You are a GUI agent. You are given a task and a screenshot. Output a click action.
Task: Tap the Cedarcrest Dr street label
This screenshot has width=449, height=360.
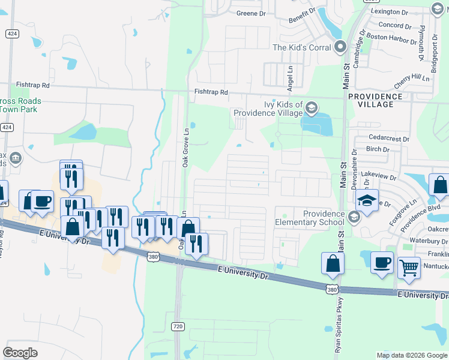pos(388,139)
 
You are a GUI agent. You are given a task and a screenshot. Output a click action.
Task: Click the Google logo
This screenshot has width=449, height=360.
pos(20,352)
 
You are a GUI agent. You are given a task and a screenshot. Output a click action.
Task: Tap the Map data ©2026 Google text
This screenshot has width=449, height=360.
pos(411,355)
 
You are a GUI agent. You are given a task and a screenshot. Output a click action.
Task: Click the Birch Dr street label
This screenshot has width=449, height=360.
pos(378,149)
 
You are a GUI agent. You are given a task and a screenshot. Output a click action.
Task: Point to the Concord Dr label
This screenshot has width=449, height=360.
pos(395,26)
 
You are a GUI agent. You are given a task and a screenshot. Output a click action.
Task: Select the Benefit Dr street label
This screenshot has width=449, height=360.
pos(302,16)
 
